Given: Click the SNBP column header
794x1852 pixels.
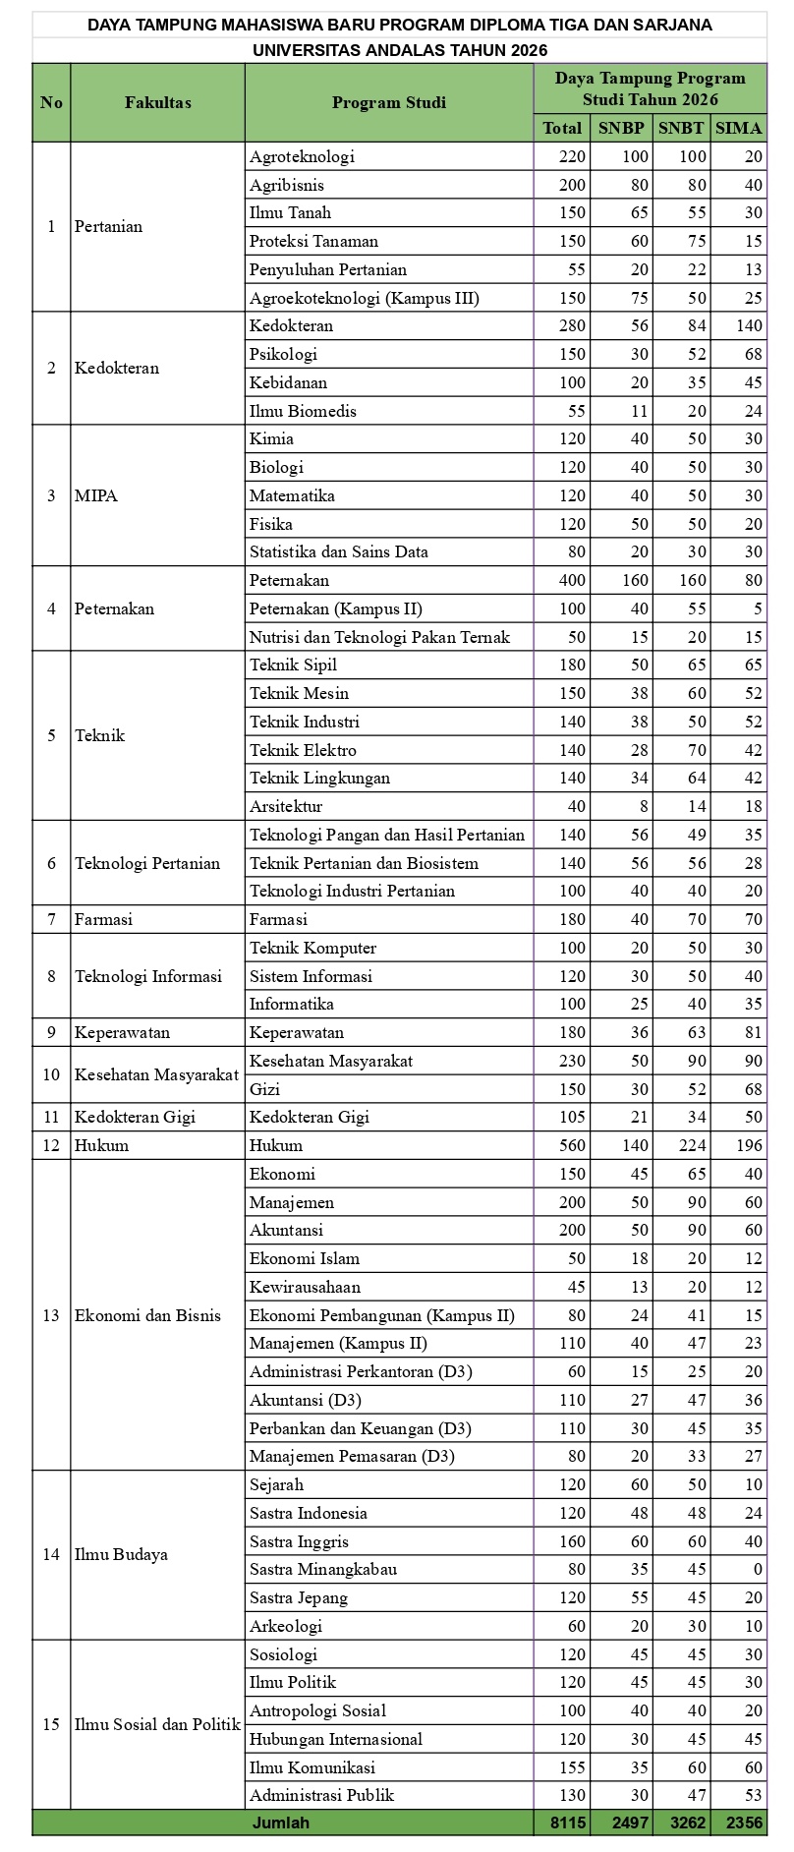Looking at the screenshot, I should pos(621,128).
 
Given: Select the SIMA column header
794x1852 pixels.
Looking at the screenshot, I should pos(739,128).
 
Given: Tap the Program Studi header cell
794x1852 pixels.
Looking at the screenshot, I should pos(389,102).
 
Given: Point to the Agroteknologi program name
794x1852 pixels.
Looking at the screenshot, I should pos(302,156).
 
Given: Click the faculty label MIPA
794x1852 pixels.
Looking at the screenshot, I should pos(96,495).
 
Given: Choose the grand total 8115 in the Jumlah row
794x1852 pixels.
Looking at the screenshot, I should pos(566,1823).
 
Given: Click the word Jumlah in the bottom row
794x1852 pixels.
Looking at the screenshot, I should pos(281,1823).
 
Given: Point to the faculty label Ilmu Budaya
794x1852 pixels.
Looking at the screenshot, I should pos(121,1555).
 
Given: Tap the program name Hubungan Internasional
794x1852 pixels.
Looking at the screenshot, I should pos(336,1739).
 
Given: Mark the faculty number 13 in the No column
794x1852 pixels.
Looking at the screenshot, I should pos(51,1315).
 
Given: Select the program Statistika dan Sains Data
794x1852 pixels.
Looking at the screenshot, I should pos(339,552).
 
